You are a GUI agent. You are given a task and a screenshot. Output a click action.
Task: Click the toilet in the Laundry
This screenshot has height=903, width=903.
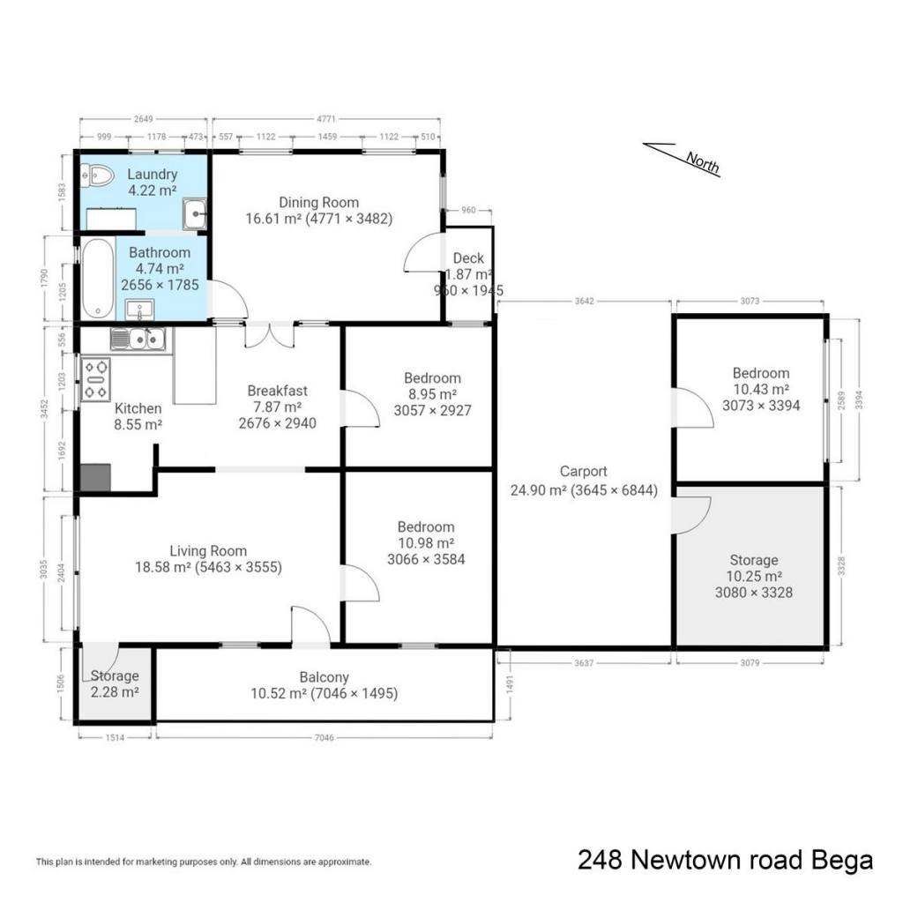click(x=97, y=175)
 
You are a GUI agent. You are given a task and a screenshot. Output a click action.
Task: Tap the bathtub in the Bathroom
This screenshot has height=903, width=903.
click(x=97, y=279)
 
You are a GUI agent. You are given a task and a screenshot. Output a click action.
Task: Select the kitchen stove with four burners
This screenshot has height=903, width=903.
click(x=95, y=379)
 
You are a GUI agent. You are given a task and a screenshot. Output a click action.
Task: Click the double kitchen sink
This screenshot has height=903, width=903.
click(x=138, y=340)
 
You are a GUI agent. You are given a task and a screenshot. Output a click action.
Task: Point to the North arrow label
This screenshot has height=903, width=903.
click(x=703, y=161)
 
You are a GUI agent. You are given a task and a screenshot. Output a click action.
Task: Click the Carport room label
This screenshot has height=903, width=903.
click(x=584, y=471)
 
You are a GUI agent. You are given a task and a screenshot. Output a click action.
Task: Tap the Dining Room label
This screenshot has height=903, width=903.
click(x=318, y=202)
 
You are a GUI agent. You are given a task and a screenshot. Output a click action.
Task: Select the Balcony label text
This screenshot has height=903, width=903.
click(x=324, y=677)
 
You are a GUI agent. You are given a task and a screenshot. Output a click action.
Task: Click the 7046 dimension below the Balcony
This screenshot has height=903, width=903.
click(x=325, y=737)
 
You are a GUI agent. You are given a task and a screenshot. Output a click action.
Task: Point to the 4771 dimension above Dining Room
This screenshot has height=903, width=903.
click(x=326, y=119)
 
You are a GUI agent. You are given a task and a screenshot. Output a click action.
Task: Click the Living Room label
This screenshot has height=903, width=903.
click(x=208, y=550)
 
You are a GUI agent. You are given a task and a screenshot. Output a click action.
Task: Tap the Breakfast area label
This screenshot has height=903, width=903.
click(x=277, y=391)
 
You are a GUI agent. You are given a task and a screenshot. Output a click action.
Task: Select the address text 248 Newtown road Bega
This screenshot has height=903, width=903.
click(x=725, y=860)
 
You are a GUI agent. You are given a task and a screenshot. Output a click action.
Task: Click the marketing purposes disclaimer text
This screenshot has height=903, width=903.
click(x=204, y=862)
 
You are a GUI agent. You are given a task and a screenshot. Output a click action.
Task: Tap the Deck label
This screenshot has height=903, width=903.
click(x=468, y=258)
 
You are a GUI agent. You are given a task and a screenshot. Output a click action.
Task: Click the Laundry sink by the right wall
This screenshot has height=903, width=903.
click(x=195, y=213)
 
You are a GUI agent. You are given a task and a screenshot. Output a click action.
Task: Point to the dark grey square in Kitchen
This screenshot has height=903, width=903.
click(x=95, y=477)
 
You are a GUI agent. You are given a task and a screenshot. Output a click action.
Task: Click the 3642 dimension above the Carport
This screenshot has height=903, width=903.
click(x=584, y=302)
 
